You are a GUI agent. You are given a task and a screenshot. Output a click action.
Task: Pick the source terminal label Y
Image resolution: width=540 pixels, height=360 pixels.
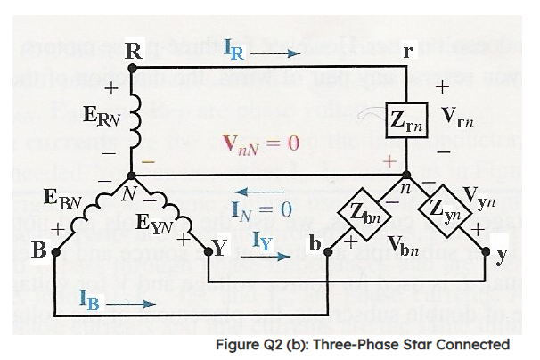(217, 250)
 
